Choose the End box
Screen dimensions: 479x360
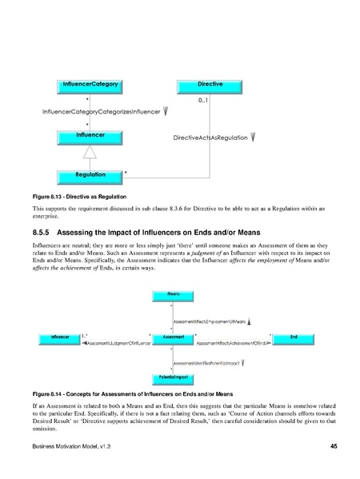pyautogui.click(x=294, y=339)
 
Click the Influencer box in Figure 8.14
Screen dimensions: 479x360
pyautogui.click(x=58, y=339)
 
